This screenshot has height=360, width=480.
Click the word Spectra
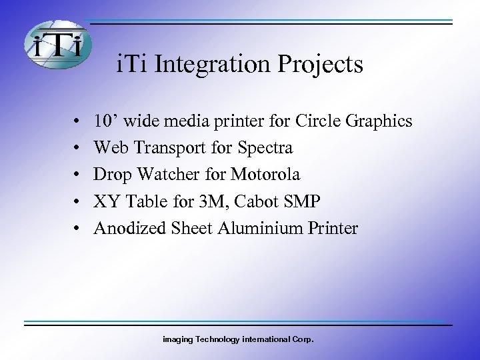(262, 148)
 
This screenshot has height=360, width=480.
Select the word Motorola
(265, 175)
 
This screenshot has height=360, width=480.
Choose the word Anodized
(127, 229)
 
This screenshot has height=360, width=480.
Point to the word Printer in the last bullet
(331, 229)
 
